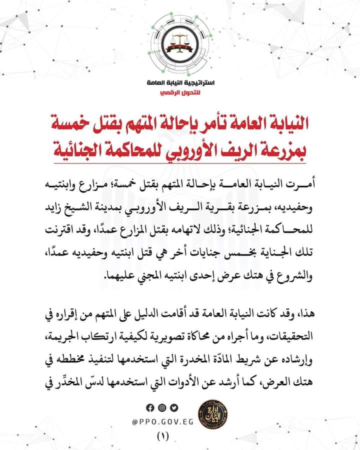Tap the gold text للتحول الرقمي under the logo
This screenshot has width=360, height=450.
180,93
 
